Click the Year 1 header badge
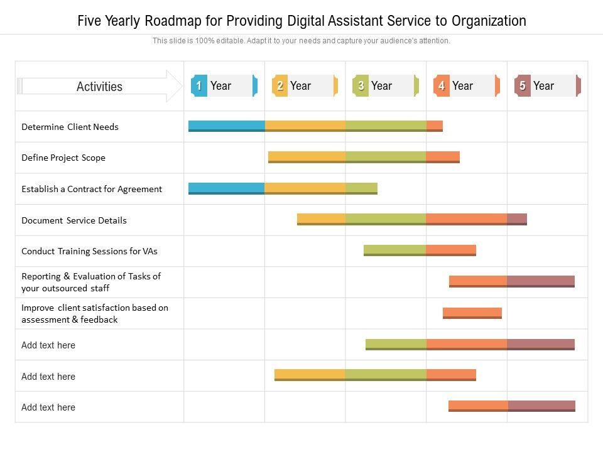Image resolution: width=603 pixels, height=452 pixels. click(224, 86)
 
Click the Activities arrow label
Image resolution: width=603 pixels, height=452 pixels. click(99, 87)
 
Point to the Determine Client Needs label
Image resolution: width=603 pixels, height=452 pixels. click(70, 127)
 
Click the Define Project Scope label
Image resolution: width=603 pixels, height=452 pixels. click(63, 158)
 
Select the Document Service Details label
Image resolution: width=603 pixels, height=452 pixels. click(74, 220)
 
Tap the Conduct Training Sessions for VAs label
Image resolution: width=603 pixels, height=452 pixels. click(89, 251)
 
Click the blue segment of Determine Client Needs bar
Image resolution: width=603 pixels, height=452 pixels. click(226, 126)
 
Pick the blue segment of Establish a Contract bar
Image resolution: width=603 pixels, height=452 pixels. click(226, 188)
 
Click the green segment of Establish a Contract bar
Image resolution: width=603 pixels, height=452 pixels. click(361, 188)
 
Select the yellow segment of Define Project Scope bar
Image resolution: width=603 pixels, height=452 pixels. click(307, 156)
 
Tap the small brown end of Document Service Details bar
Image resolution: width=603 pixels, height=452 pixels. click(517, 218)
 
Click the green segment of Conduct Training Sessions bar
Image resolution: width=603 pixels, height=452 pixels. click(394, 250)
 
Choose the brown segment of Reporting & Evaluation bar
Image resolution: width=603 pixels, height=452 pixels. click(540, 281)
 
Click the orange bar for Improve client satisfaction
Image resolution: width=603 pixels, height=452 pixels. click(472, 312)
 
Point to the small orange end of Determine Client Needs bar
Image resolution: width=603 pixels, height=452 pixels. click(435, 126)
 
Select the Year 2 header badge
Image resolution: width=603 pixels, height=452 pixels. click(305, 86)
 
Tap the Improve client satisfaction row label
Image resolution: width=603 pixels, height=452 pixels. click(95, 313)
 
